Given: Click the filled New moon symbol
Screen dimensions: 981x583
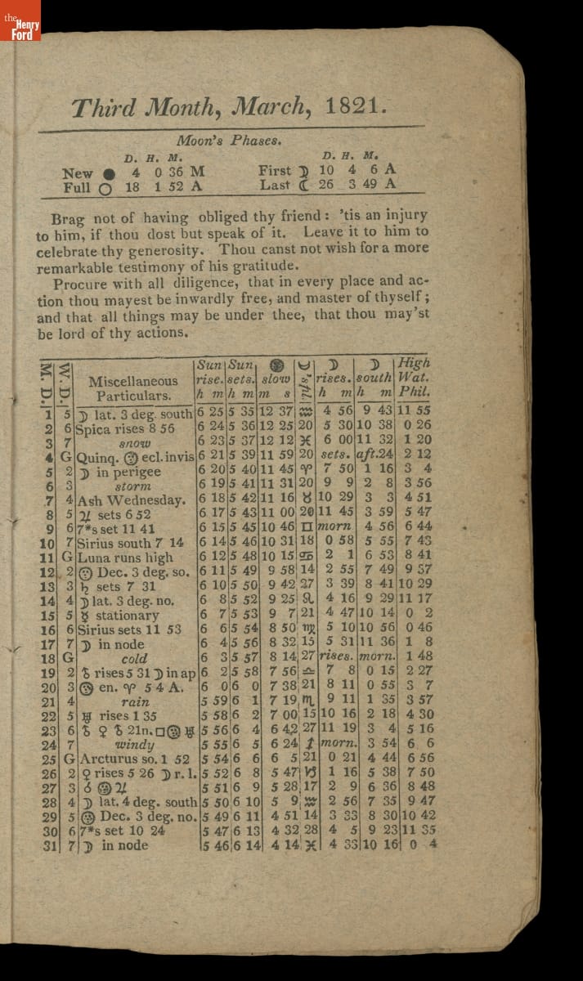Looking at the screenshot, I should (x=109, y=172).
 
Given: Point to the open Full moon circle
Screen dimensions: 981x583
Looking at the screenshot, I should (x=105, y=187).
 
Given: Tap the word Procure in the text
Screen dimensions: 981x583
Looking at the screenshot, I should (x=83, y=284).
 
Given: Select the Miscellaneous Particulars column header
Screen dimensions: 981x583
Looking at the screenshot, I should (x=132, y=388).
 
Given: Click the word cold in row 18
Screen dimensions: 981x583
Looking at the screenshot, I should (x=134, y=658).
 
